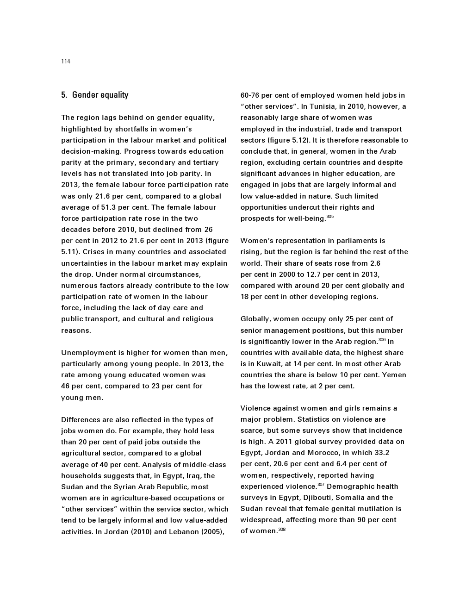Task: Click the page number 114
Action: pyautogui.click(x=66, y=62)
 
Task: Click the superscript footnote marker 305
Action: pyautogui.click(x=330, y=217)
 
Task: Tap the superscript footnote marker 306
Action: pyautogui.click(x=382, y=340)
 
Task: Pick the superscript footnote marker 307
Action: pyautogui.click(x=321, y=485)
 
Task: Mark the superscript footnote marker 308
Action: pyautogui.click(x=282, y=529)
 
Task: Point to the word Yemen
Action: pyautogui.click(x=394, y=375)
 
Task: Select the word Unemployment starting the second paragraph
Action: pyautogui.click(x=87, y=353)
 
